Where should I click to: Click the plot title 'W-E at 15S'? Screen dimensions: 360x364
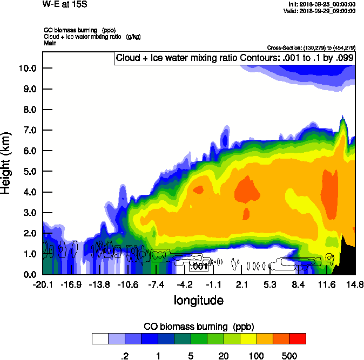(64, 4)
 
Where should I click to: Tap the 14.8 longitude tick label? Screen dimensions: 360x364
(355, 284)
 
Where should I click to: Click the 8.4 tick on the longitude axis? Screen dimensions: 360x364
(298, 284)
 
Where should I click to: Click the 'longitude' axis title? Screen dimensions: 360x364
(198, 300)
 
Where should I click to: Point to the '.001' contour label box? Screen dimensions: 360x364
(200, 266)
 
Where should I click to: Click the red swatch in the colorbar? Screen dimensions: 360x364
(298, 338)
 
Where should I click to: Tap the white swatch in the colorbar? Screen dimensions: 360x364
(99, 338)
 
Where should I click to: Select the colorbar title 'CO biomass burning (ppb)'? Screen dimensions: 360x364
(198, 327)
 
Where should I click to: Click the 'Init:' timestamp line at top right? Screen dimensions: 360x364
(322, 4)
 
